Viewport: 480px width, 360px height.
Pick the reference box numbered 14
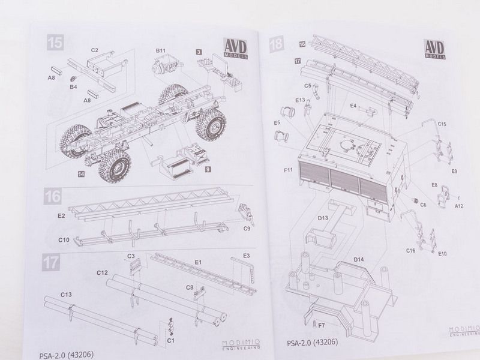coord(80,173)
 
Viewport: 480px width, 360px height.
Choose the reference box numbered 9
coord(206,170)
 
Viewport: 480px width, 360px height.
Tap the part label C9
coord(246,228)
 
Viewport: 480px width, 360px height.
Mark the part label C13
coord(66,295)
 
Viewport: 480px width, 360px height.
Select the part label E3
coord(246,256)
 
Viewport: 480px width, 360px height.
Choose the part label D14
coord(359,259)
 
